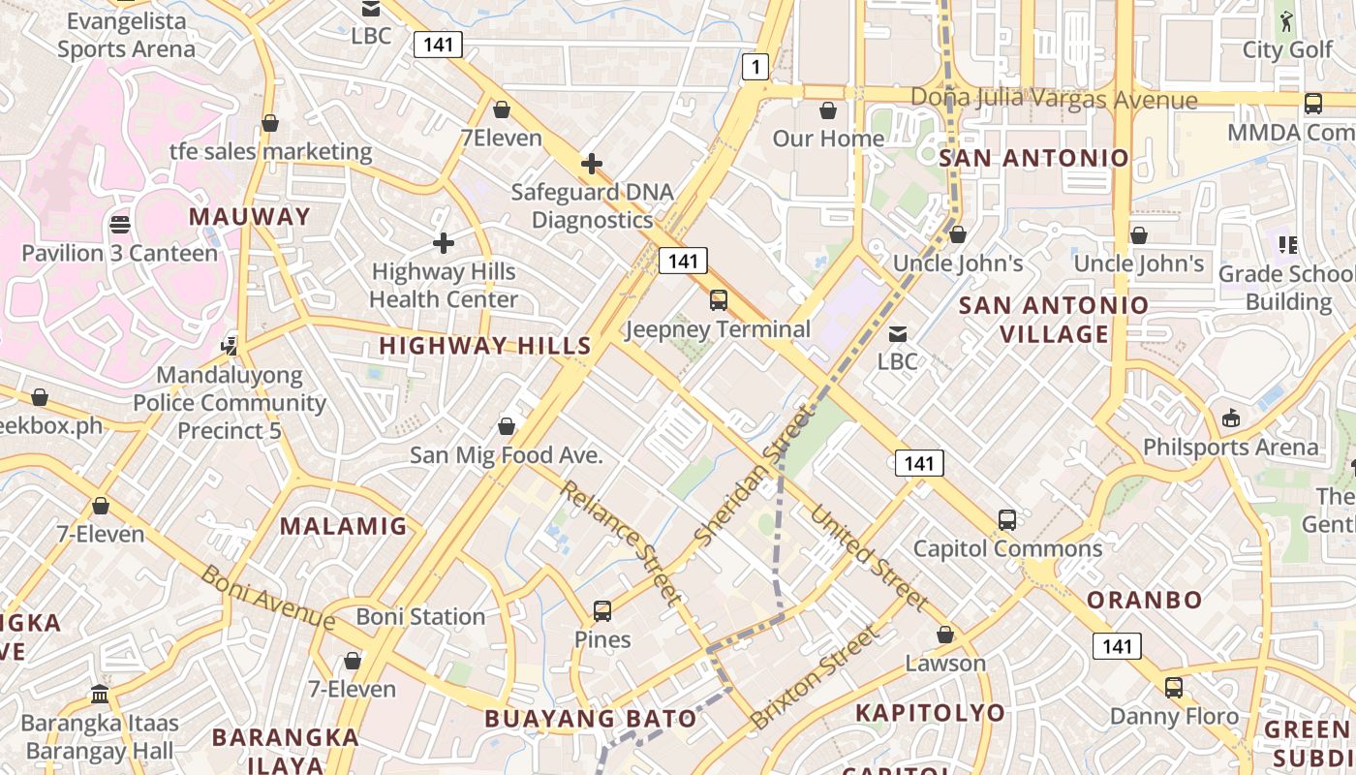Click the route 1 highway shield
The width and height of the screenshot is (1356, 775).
coord(755,67)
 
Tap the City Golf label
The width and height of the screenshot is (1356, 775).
coord(1287,49)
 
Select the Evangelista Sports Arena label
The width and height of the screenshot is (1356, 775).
coord(126,35)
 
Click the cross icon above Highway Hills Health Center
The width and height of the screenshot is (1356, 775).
coord(444,243)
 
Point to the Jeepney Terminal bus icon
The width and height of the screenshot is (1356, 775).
coord(718,300)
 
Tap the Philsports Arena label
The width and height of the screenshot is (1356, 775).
coord(1230,447)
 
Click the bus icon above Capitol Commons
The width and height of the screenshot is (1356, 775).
coord(1007,520)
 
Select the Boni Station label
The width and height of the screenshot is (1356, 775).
coord(420,616)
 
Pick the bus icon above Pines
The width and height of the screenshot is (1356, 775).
coord(602,611)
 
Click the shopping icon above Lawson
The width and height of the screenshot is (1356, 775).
coord(945,635)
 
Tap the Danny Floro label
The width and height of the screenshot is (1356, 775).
coord(1174,716)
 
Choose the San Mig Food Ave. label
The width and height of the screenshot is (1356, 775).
coord(506,454)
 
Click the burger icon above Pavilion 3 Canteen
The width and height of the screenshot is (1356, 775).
coord(120,225)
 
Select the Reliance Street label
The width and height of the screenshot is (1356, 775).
coord(621,542)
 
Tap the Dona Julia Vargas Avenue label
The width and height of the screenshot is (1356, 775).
coord(1054,99)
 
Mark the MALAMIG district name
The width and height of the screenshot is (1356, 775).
coord(344,526)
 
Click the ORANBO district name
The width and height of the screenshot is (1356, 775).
coord(1144,599)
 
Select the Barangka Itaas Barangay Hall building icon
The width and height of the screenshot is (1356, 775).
coord(100,695)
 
